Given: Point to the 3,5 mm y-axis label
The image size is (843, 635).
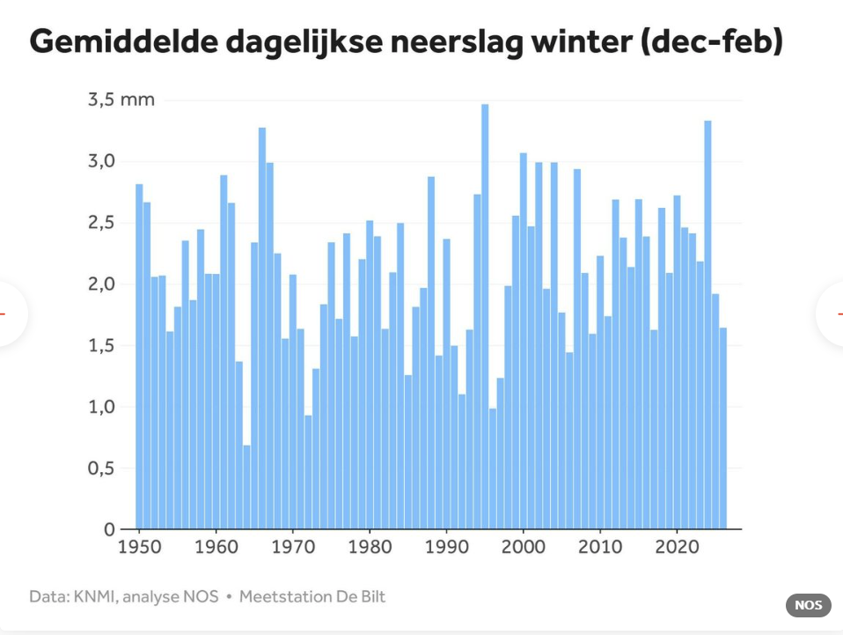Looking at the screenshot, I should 121,100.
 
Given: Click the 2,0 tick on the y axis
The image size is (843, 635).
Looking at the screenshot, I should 103,284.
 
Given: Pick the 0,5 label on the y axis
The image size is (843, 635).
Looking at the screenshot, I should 103,469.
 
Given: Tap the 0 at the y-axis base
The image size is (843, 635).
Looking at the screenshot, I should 109,530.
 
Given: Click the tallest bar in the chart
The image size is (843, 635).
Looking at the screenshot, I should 485,317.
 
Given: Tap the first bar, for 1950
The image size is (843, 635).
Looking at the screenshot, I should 139,357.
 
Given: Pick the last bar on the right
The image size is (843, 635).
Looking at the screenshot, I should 723,428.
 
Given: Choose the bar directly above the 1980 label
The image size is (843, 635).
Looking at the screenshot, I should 370,374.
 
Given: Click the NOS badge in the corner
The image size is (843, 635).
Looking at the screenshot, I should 808,605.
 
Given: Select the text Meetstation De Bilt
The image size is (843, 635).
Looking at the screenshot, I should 312,597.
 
